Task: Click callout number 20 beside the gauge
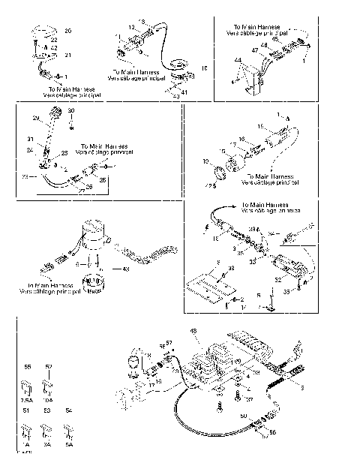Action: click(68, 31)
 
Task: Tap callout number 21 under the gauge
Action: click(68, 56)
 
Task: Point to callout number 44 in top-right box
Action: click(238, 59)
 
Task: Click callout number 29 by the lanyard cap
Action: click(35, 118)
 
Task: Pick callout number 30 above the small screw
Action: click(71, 111)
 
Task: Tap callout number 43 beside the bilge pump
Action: click(125, 269)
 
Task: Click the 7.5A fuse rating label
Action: click(28, 400)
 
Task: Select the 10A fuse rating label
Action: click(49, 400)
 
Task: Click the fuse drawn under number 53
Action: click(48, 432)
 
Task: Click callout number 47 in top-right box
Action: click(255, 50)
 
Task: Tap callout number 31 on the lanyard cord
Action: click(31, 140)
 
